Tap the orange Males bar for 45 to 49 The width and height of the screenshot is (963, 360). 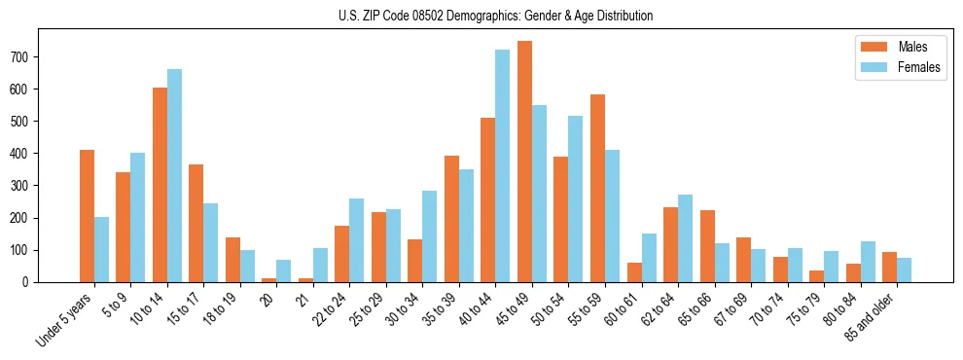[524, 162]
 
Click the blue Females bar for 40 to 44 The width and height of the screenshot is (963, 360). [503, 165]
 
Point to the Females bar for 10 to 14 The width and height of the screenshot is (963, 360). [174, 175]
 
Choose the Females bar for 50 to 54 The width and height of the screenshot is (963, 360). [576, 198]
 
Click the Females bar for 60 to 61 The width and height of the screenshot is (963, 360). [649, 258]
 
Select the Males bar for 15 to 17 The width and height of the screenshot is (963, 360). [196, 223]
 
